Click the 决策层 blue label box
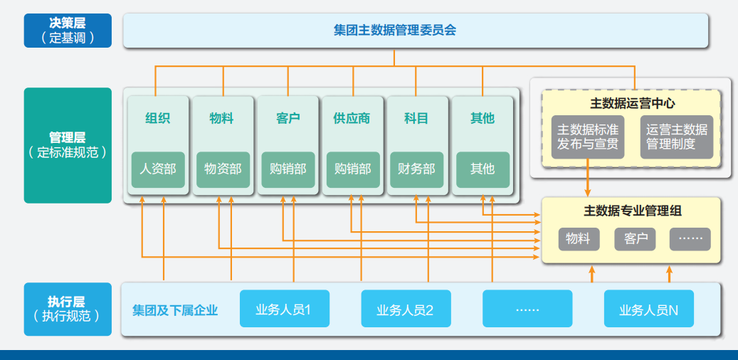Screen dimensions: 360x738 [x=68, y=30]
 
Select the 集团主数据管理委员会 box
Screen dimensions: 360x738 [x=416, y=31]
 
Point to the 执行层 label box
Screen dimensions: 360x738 [x=68, y=309]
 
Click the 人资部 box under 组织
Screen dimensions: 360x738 [x=158, y=169]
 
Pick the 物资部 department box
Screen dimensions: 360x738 [x=223, y=169]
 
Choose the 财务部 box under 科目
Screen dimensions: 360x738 [x=416, y=169]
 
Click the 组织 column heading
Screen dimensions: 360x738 [x=158, y=118]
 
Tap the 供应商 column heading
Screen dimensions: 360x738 [x=352, y=118]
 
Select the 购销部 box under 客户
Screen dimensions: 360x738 [x=288, y=169]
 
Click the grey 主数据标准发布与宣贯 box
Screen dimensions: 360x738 [x=587, y=137]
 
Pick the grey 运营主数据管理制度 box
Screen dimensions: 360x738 [x=676, y=137]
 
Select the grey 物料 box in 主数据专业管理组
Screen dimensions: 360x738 [x=578, y=239]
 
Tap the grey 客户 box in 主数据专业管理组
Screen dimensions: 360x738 [x=636, y=239]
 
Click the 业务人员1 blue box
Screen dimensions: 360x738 [x=284, y=309]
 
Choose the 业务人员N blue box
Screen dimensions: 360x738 [x=648, y=309]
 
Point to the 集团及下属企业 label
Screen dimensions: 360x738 [x=175, y=309]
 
